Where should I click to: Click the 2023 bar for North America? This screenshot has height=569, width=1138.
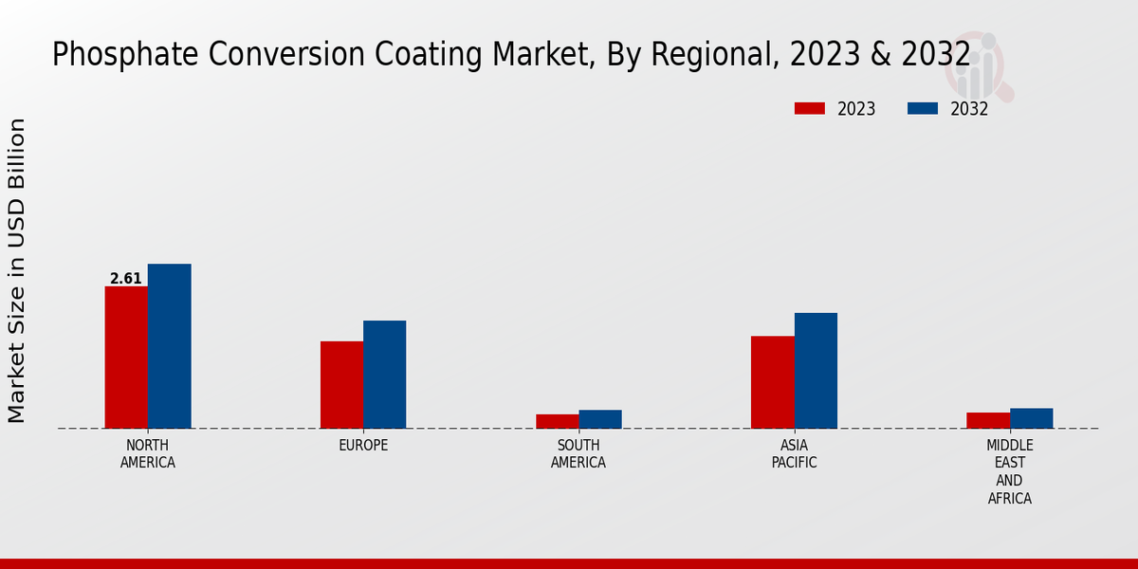pyautogui.click(x=126, y=358)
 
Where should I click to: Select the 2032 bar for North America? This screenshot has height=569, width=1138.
pyautogui.click(x=170, y=346)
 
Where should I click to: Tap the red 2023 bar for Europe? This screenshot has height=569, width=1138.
pyautogui.click(x=341, y=385)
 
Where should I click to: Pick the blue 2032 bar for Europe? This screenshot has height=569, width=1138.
pyautogui.click(x=385, y=375)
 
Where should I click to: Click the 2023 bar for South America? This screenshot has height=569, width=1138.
pyautogui.click(x=557, y=421)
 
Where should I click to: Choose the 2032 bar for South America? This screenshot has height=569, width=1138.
pyautogui.click(x=600, y=419)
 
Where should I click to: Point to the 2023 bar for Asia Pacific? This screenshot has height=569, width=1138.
pyautogui.click(x=772, y=382)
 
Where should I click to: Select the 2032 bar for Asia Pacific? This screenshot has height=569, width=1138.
pyautogui.click(x=816, y=371)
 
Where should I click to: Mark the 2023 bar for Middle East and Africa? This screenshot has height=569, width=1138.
pyautogui.click(x=988, y=420)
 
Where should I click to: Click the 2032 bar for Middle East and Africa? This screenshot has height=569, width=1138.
pyautogui.click(x=1032, y=418)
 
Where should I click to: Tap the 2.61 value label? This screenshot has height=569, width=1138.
pyautogui.click(x=125, y=279)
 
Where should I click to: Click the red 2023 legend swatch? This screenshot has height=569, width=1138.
pyautogui.click(x=810, y=109)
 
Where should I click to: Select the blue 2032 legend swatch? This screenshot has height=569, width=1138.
pyautogui.click(x=922, y=109)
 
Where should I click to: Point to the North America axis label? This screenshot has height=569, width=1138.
pyautogui.click(x=148, y=454)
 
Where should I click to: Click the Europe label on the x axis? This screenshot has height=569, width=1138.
pyautogui.click(x=363, y=446)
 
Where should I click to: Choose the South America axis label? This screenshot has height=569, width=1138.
pyautogui.click(x=578, y=454)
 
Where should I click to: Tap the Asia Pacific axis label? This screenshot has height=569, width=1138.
pyautogui.click(x=794, y=454)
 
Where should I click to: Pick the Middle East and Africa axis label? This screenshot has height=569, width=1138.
pyautogui.click(x=1010, y=472)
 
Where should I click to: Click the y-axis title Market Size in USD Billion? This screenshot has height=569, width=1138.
pyautogui.click(x=17, y=270)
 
